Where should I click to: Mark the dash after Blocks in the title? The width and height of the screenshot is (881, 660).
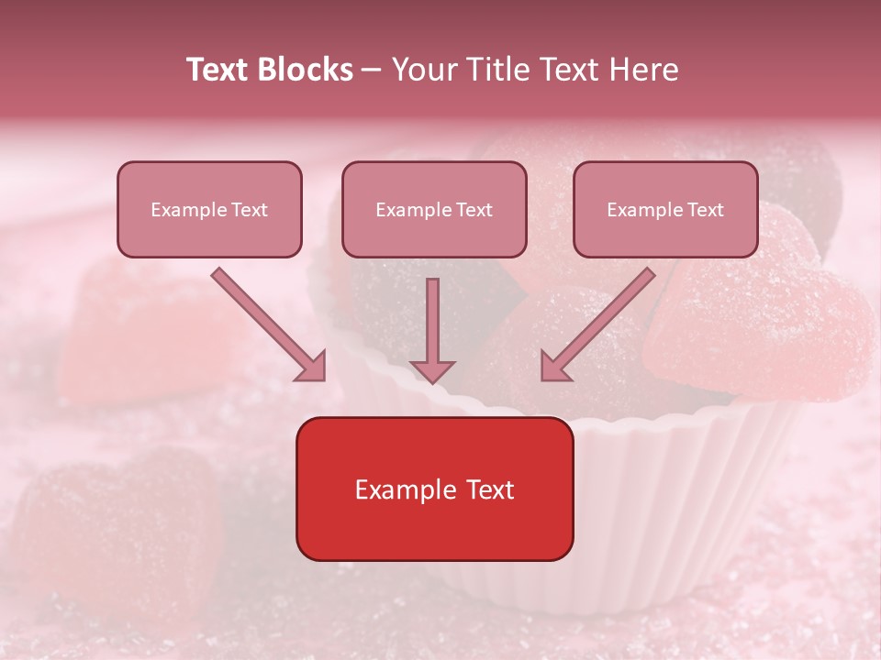[372, 71]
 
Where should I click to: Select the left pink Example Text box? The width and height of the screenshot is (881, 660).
[209, 209]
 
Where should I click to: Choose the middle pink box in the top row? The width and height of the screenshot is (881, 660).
[434, 209]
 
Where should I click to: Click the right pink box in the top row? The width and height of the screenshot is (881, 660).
[665, 209]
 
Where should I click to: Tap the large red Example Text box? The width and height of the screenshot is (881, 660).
[434, 489]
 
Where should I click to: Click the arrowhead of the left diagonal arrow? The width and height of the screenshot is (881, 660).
[311, 367]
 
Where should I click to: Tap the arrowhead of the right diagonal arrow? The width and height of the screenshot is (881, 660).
[554, 367]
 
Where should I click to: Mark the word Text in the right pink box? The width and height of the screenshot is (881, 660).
[705, 210]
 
